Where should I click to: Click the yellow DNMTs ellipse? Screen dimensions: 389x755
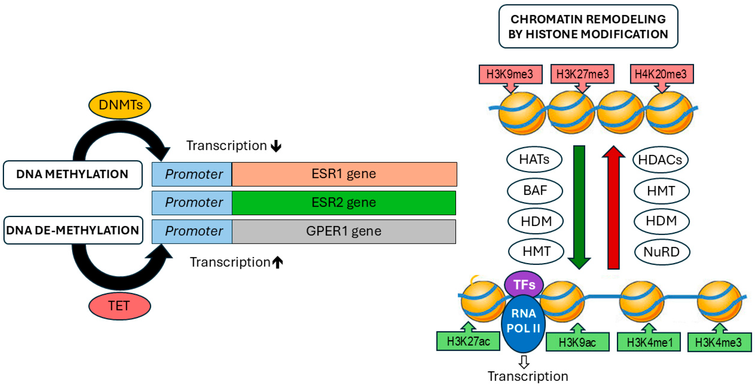pos(119,105)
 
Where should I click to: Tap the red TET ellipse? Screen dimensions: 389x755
pos(119,306)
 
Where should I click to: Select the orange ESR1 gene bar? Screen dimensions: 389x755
pos(344,174)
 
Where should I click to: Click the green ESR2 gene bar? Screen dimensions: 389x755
pos(344,203)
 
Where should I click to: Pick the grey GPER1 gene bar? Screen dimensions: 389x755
pos(344,231)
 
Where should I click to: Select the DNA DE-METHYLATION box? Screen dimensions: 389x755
pos(73,230)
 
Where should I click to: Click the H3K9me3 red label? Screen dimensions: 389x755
pos(510,74)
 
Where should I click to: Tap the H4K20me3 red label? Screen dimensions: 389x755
pos(661,74)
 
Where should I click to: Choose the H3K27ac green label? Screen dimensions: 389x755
pos(468,341)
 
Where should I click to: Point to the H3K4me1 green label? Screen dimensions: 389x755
pos(649,342)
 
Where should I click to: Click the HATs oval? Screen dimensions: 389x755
pos(534,160)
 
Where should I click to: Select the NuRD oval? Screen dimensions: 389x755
pos(662,252)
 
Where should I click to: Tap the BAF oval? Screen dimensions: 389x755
pos(535,190)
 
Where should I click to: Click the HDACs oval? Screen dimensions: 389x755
pos(660,160)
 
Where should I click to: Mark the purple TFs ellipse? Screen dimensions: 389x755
pos(524,284)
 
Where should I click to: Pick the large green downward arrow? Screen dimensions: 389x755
pos(579,205)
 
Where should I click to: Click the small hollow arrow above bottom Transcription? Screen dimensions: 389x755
pos(524,362)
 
